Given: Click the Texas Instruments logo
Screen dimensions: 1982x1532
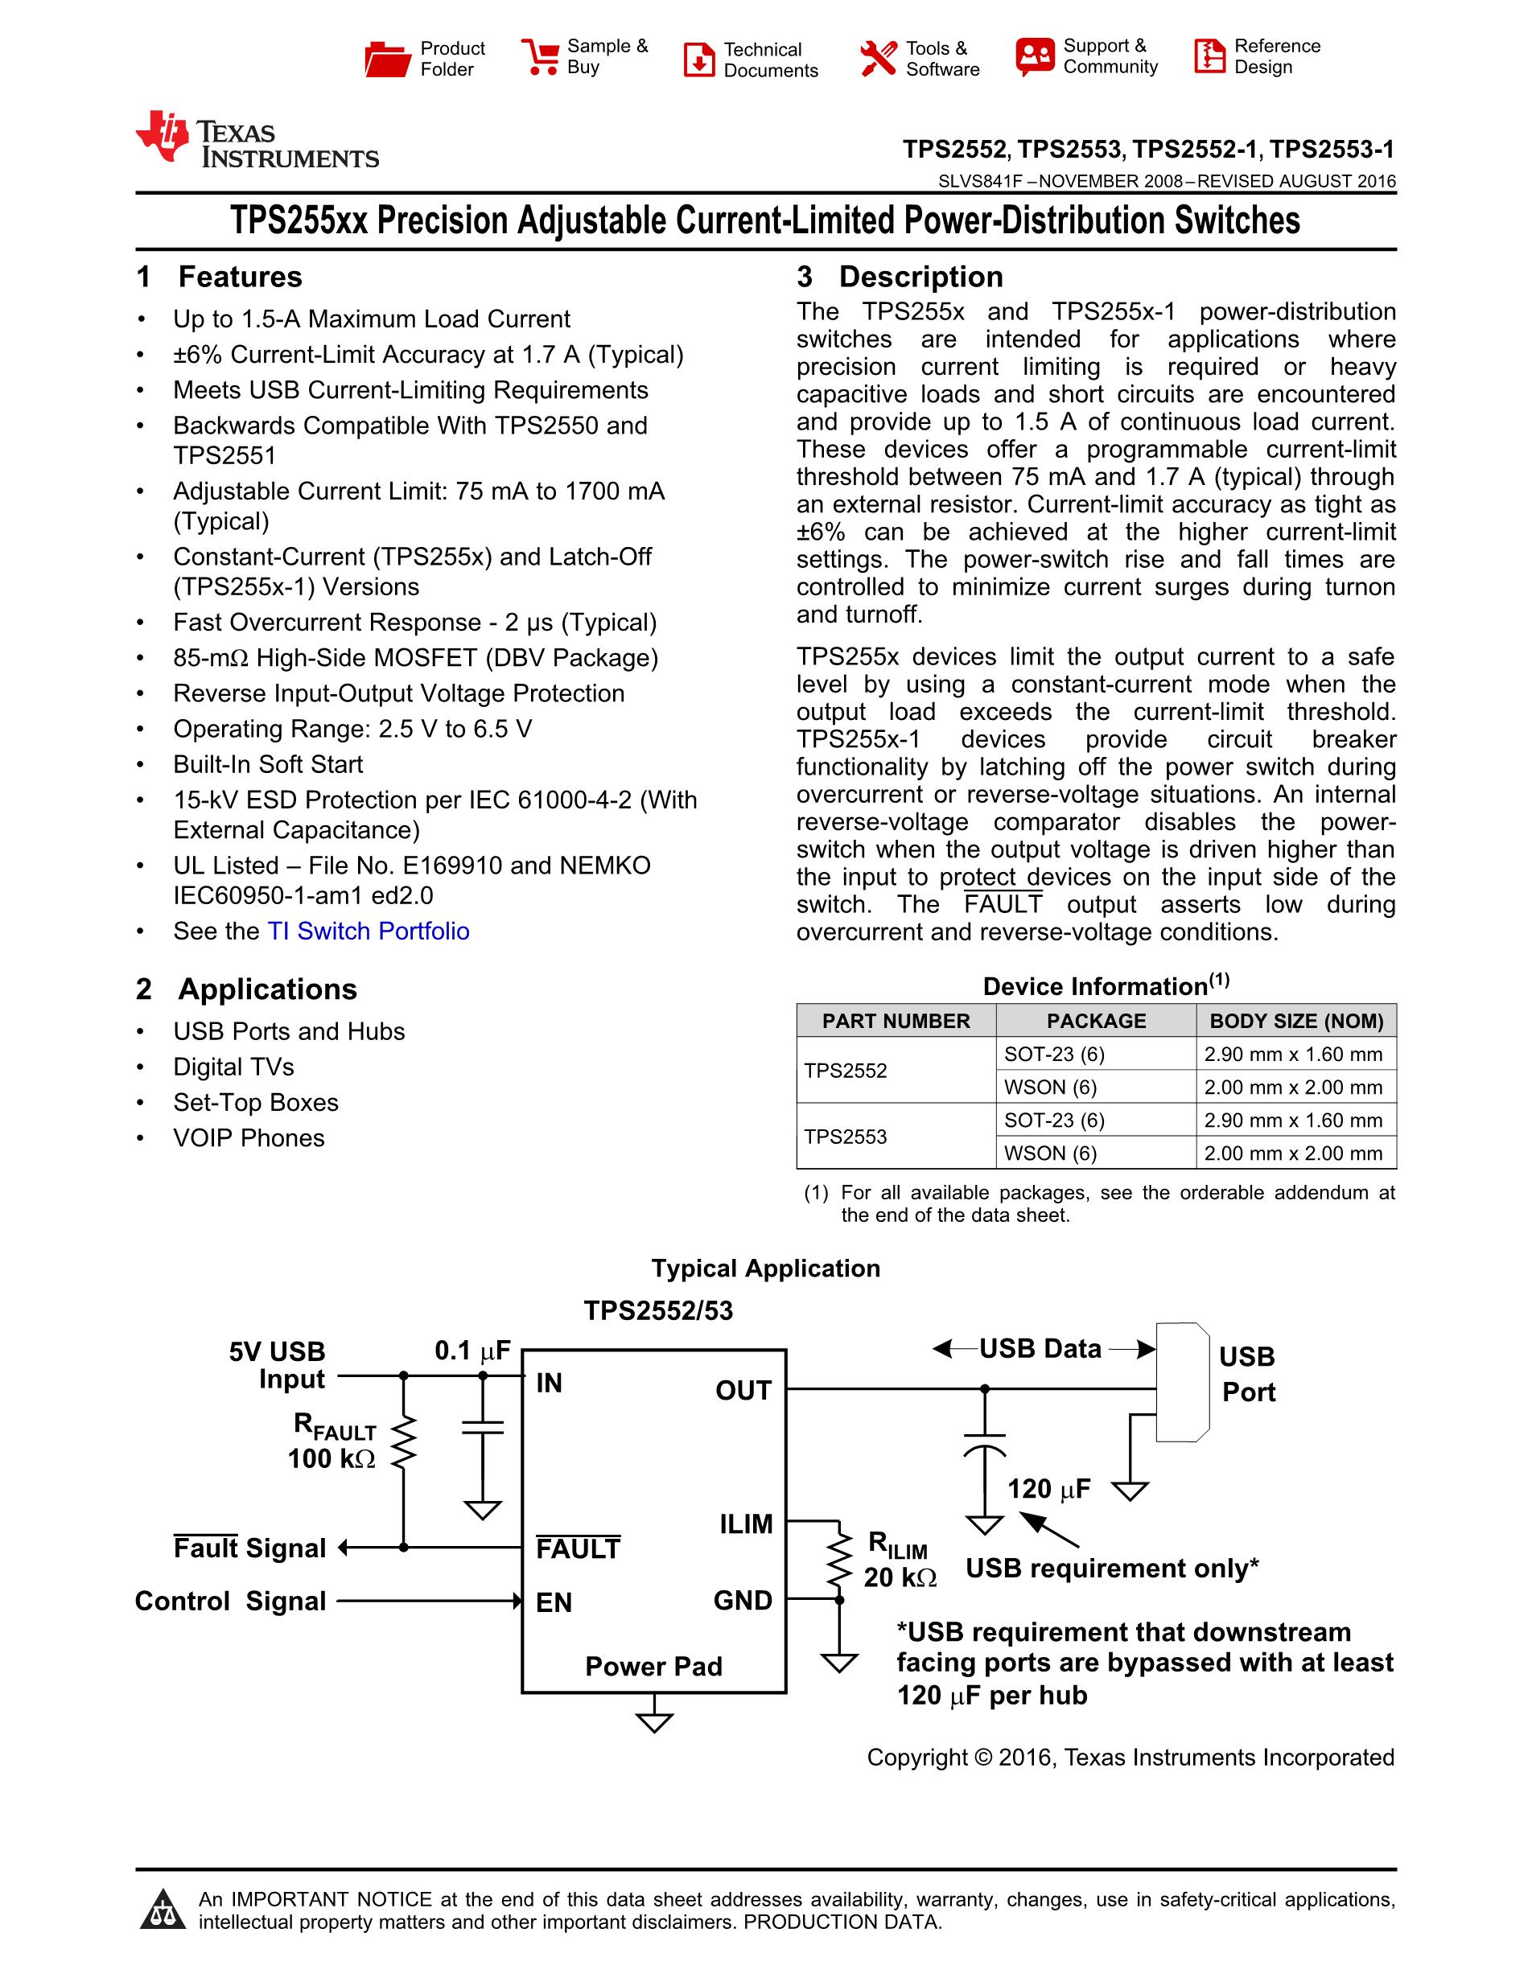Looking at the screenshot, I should [x=257, y=141].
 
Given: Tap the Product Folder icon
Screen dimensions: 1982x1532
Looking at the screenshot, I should [x=388, y=59].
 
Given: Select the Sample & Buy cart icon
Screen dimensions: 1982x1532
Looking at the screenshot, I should [x=540, y=57].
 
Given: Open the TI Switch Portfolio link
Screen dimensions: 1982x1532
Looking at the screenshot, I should [x=368, y=931].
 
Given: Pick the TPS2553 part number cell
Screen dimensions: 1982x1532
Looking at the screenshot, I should [x=845, y=1137].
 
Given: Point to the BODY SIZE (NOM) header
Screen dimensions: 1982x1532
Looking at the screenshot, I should [x=1296, y=1021].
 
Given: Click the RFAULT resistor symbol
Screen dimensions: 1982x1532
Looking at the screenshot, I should [x=404, y=1442].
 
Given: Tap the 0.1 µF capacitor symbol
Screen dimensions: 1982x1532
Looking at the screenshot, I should [x=483, y=1427].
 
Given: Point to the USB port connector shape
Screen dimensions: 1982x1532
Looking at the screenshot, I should [x=1182, y=1382].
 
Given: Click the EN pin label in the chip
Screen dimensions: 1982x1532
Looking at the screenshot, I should [x=554, y=1602].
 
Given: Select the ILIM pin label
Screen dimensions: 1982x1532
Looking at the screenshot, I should [x=746, y=1524].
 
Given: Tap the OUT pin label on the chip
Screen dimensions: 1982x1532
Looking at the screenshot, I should [x=743, y=1390].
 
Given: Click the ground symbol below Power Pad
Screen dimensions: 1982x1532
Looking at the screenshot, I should [x=653, y=1721].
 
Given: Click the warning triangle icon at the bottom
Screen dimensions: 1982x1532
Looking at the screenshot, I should [x=163, y=1910].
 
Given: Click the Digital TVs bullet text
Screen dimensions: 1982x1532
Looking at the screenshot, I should [x=233, y=1067].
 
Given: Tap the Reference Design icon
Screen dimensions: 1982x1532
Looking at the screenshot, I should [x=1209, y=56].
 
